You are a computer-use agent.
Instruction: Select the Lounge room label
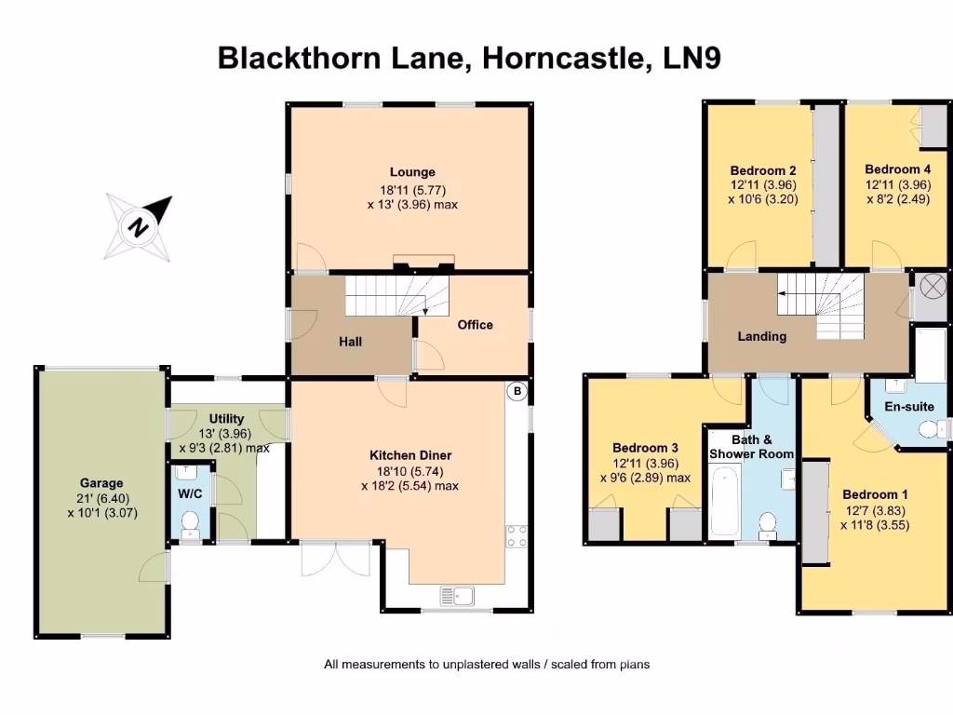[412, 172]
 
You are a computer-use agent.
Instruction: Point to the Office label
[475, 325]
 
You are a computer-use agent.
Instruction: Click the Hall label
[350, 342]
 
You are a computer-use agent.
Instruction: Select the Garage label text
[101, 483]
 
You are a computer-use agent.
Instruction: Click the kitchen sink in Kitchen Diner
[458, 595]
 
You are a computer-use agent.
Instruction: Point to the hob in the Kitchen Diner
[516, 536]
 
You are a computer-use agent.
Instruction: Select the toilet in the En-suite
[927, 429]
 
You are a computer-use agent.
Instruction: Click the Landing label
[761, 336]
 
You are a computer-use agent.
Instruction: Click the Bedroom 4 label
[897, 169]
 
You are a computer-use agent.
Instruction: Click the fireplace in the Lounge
[423, 263]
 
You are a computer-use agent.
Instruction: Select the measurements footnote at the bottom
[487, 665]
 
